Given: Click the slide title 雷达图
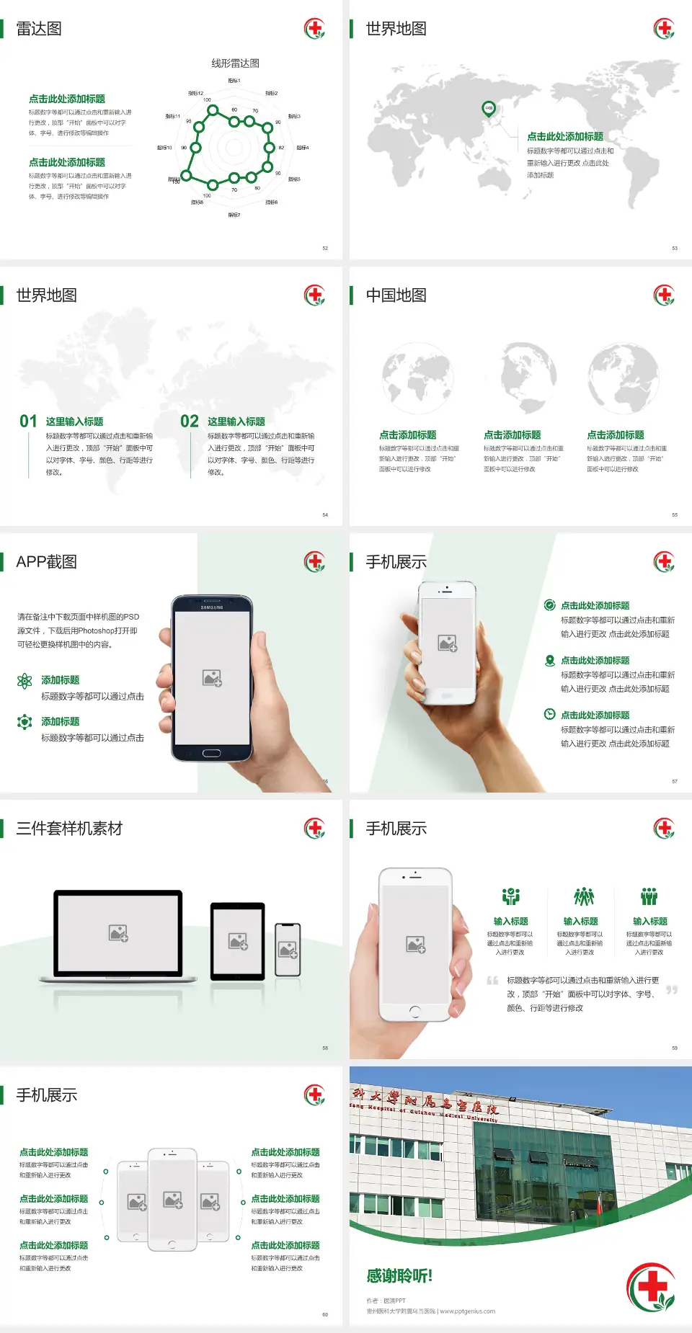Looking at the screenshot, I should pyautogui.click(x=39, y=29).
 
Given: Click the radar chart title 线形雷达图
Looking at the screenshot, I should pyautogui.click(x=235, y=63).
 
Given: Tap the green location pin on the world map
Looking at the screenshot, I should pyautogui.click(x=489, y=109).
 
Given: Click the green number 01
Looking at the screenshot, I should pyautogui.click(x=28, y=422).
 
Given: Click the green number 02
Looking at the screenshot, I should pyautogui.click(x=190, y=422).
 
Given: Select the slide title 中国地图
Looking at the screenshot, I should pyautogui.click(x=396, y=295).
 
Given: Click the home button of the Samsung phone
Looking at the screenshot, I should pyautogui.click(x=211, y=753).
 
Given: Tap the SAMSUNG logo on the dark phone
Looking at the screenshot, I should pyautogui.click(x=212, y=607).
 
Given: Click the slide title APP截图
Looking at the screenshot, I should pyautogui.click(x=46, y=562).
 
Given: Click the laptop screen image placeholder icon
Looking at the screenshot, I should pyautogui.click(x=118, y=933).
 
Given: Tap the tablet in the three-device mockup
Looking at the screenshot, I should pyautogui.click(x=238, y=941).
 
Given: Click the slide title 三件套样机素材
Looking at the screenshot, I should pyautogui.click(x=69, y=829).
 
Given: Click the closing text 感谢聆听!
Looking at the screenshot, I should pyautogui.click(x=399, y=1276).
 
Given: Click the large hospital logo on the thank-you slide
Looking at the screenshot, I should pyautogui.click(x=652, y=1287).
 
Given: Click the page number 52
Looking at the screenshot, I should pyautogui.click(x=325, y=249).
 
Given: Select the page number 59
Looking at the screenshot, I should pyautogui.click(x=675, y=1048).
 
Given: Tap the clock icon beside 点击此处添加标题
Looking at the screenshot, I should pyautogui.click(x=549, y=714).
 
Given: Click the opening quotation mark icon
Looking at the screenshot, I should pyautogui.click(x=492, y=981).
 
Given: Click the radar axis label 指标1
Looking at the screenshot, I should pyautogui.click(x=234, y=81).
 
